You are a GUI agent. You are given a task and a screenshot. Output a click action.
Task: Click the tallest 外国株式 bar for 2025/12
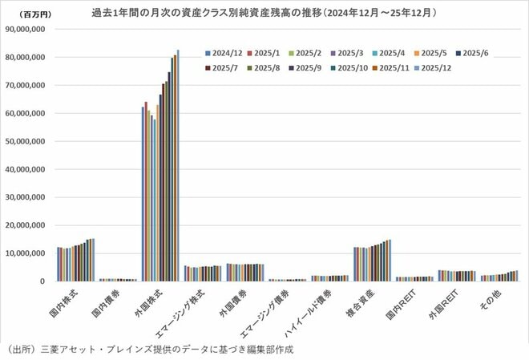(178, 165)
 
